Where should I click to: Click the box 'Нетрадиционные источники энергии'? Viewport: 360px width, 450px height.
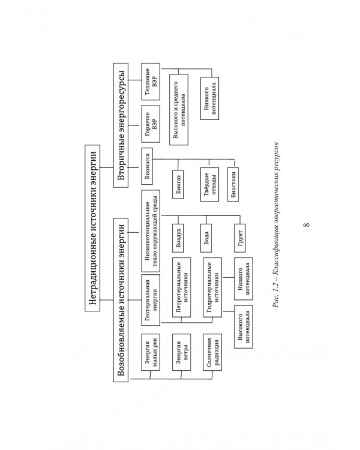coord(92,228)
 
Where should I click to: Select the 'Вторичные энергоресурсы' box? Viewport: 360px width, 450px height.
coord(121,125)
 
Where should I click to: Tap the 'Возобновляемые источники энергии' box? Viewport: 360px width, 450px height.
coord(121,300)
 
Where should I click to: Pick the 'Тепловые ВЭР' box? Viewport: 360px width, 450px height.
coord(151,82)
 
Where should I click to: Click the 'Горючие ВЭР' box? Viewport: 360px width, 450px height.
coord(151,124)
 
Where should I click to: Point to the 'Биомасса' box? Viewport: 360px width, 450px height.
coord(147,166)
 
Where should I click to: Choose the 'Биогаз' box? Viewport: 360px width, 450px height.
coord(178,185)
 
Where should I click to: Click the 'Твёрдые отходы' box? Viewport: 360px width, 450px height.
coord(209,185)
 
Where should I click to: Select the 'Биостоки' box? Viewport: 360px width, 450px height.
coord(233,185)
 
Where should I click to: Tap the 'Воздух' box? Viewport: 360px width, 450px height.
coord(178,238)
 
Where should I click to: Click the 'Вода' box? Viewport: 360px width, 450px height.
coord(206,238)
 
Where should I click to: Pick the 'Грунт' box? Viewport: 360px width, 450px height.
coord(240,238)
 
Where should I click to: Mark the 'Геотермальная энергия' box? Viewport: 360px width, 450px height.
coord(151,300)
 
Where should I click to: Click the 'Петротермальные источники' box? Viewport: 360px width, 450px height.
coord(181,287)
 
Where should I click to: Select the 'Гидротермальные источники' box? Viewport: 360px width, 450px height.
coord(212,287)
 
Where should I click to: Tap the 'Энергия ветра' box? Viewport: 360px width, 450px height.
coord(181,352)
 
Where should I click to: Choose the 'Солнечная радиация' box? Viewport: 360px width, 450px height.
coord(212,352)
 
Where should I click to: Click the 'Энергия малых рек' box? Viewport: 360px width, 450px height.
coord(151,352)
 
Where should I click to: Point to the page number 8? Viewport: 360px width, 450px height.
coord(307,224)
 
